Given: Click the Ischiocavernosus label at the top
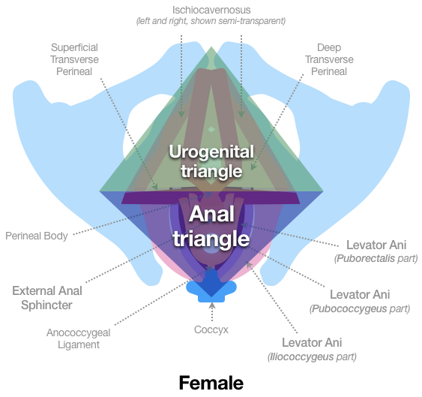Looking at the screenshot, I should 211,11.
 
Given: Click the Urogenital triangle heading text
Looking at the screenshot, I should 211,160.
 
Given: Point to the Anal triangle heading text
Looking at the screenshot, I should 211,227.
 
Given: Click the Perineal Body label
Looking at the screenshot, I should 37,236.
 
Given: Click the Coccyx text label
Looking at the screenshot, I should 211,329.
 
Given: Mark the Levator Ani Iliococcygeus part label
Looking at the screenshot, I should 312,349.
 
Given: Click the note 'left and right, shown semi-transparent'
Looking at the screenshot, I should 211,22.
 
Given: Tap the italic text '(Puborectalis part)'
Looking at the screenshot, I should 375,259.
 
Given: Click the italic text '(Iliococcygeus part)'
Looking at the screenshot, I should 312,356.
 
